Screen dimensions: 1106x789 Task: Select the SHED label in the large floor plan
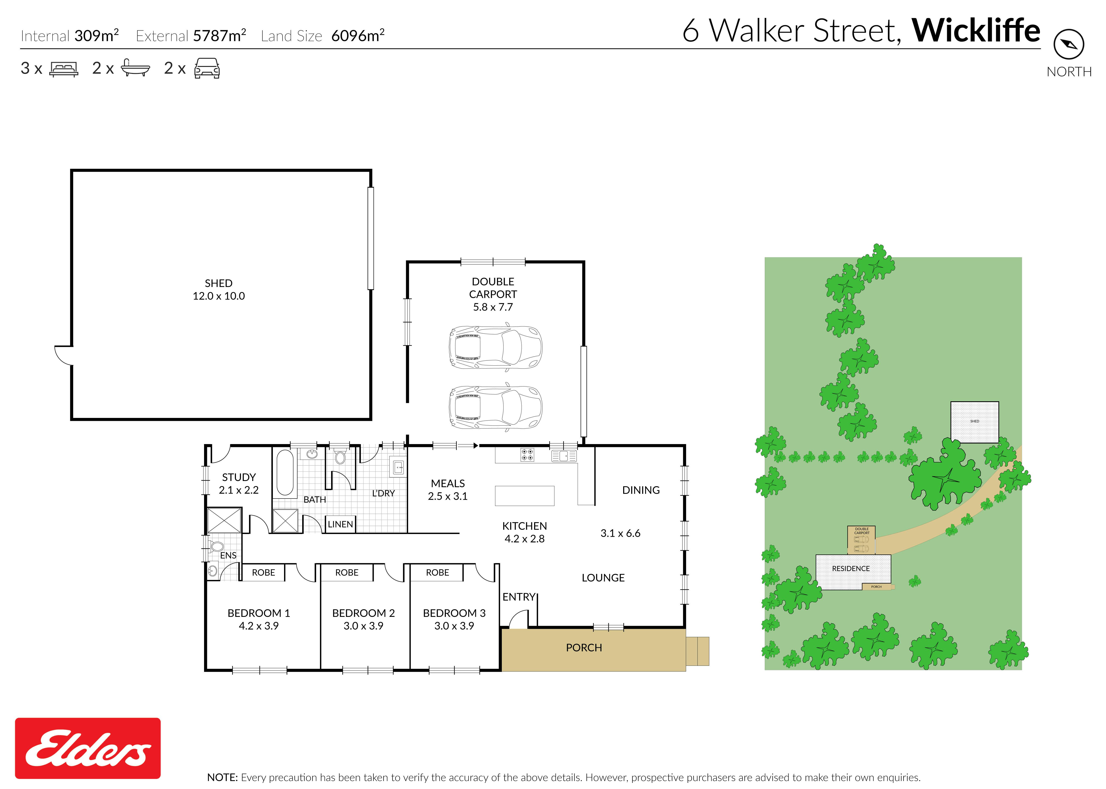[x=219, y=283]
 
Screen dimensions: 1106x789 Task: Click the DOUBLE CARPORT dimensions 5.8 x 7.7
[x=493, y=307]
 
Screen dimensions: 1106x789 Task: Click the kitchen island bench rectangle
[x=524, y=496]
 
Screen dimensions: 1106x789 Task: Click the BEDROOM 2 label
[x=363, y=613]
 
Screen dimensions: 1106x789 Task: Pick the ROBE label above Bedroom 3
[x=437, y=572]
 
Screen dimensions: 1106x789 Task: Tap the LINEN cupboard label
[x=340, y=524]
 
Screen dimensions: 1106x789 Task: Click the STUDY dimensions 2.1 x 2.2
[x=239, y=490]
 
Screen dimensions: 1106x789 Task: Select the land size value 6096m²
[x=358, y=35]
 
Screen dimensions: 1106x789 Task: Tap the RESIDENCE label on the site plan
[x=851, y=568]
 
